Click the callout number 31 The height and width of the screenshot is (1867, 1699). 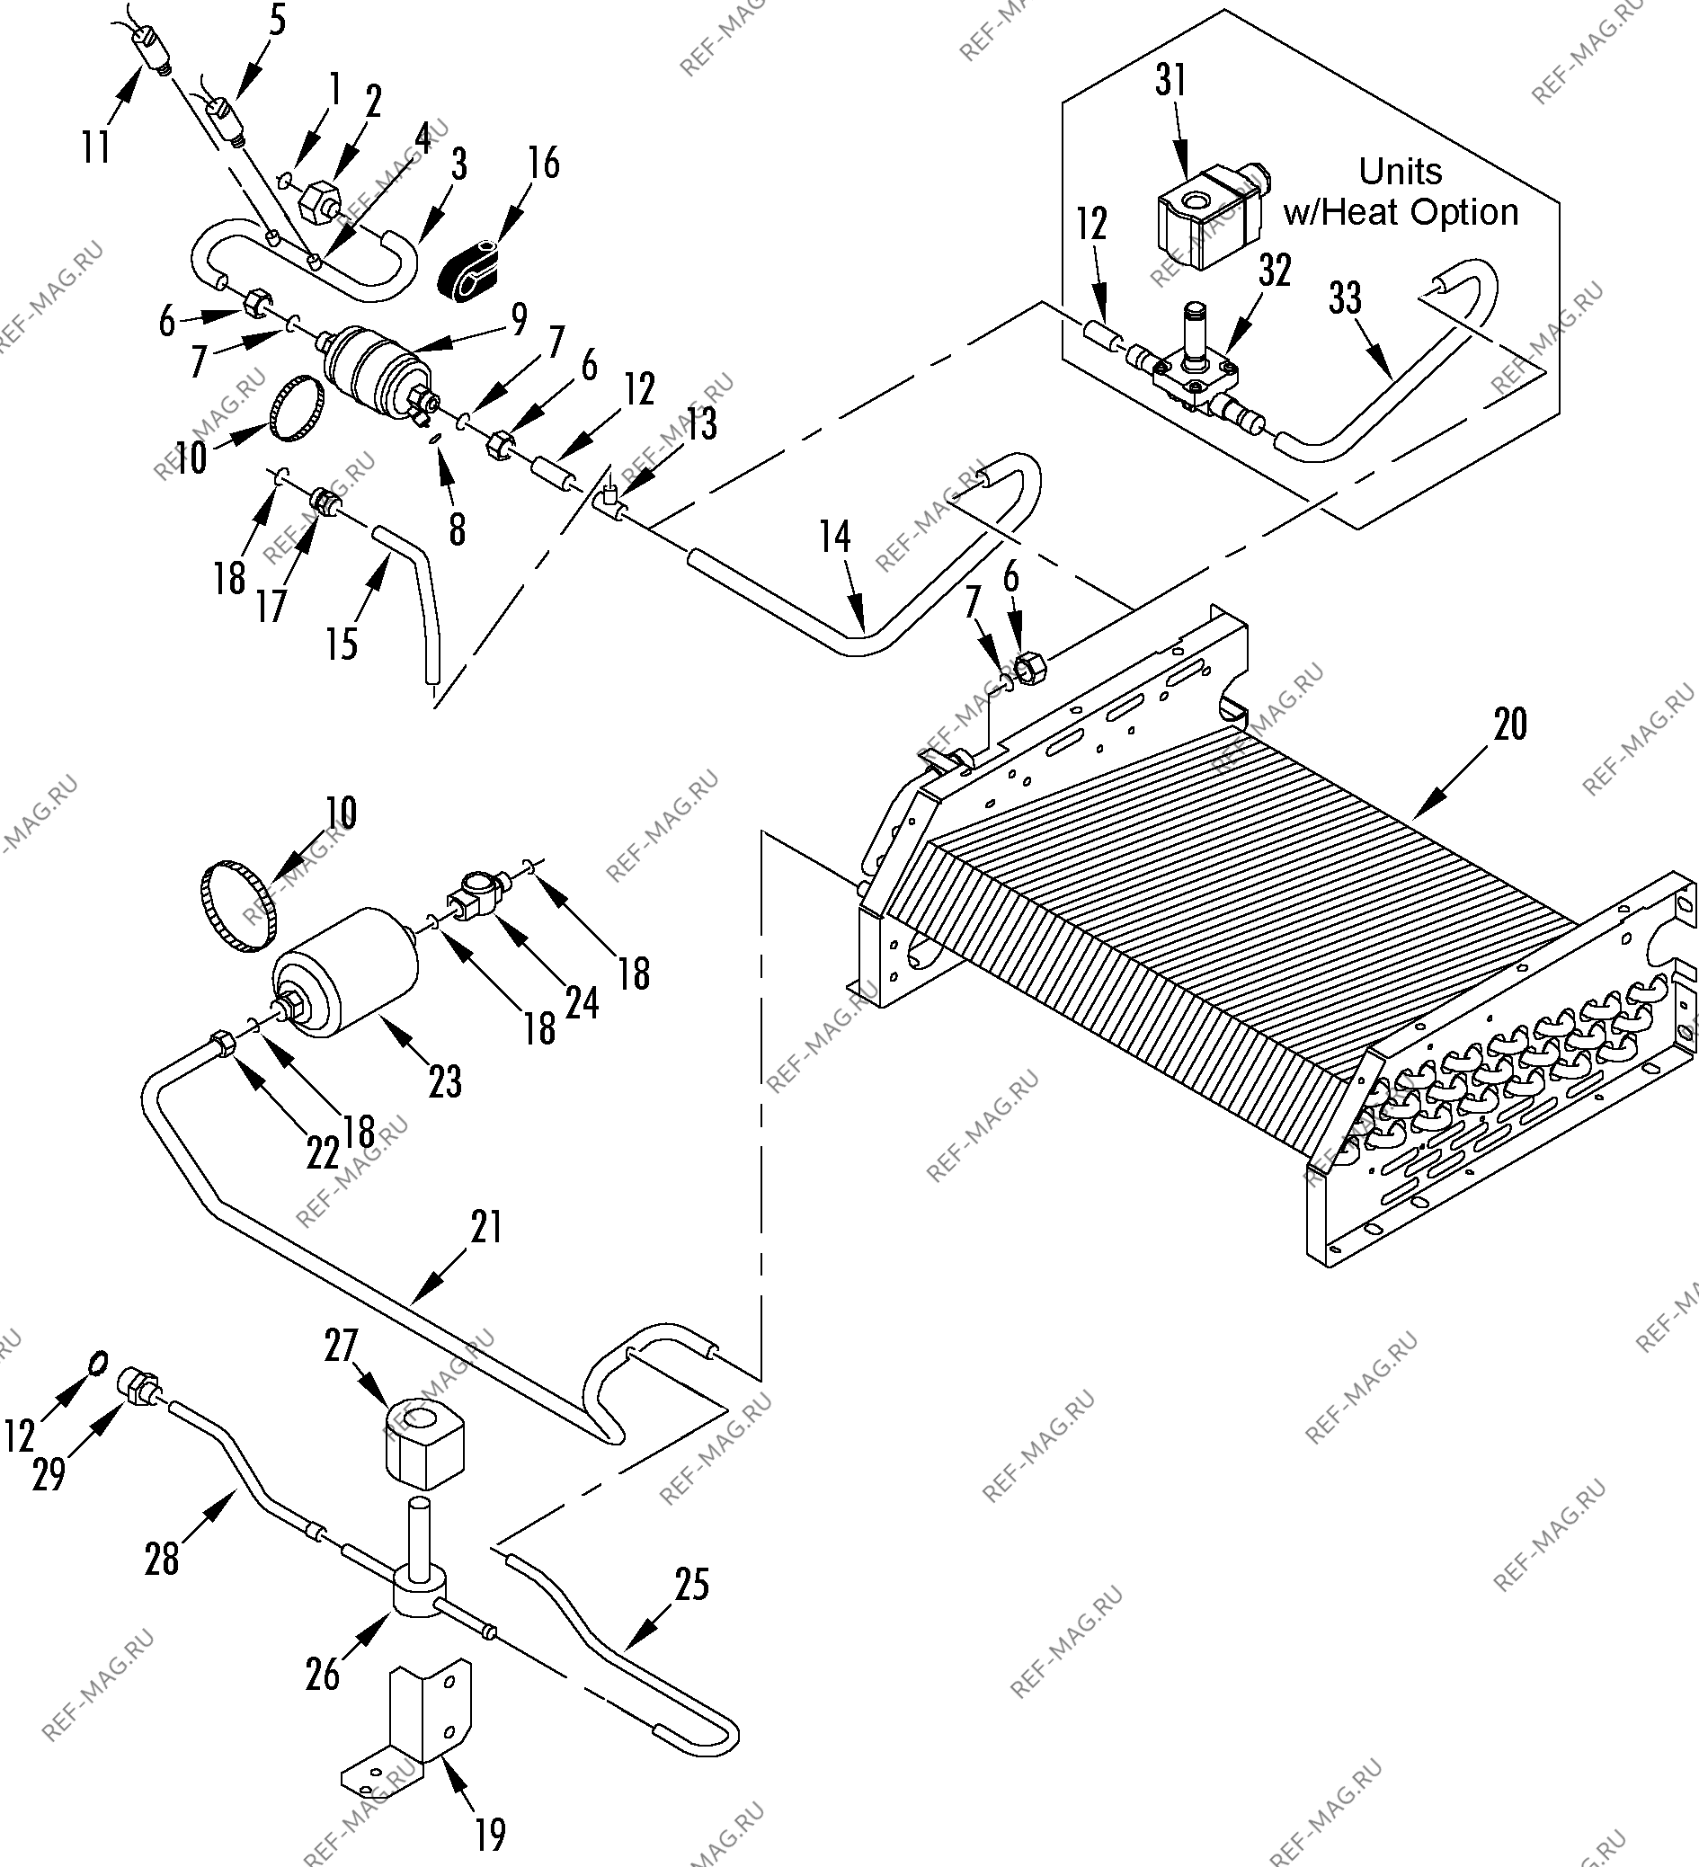[x=1171, y=81]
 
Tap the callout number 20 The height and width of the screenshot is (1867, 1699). [x=1510, y=725]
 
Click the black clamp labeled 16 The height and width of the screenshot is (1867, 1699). [x=472, y=270]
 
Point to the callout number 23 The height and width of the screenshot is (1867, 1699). [x=445, y=1081]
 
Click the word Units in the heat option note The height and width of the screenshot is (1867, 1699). [x=1400, y=173]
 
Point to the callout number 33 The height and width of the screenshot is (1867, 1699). [x=1345, y=298]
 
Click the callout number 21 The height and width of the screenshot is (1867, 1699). [x=486, y=1227]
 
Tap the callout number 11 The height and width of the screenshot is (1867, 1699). [x=96, y=147]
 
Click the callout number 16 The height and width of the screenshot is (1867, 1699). [x=544, y=163]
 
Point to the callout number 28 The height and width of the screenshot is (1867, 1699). [x=161, y=1559]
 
